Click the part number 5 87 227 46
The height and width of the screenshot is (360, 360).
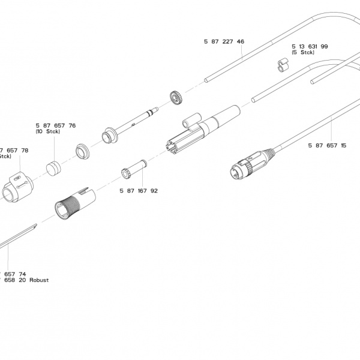click(x=224, y=41)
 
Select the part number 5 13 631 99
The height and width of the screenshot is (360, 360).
click(x=310, y=46)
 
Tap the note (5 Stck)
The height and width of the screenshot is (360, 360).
click(x=303, y=53)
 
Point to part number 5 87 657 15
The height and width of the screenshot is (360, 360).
click(x=327, y=145)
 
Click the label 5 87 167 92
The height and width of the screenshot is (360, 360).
click(x=138, y=190)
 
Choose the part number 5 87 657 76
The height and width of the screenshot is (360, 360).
click(x=55, y=125)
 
